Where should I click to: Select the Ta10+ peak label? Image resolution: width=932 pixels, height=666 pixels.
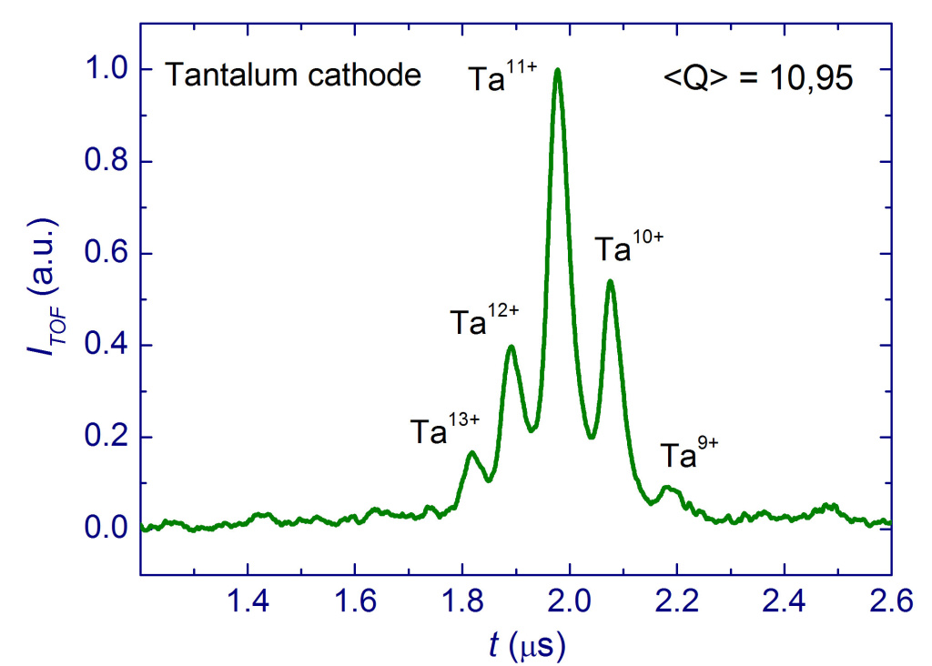point(629,248)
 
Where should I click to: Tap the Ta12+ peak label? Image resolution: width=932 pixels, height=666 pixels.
point(484,321)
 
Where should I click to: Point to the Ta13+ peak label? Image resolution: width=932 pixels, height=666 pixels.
point(444,429)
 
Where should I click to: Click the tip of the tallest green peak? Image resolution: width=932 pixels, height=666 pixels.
point(557,70)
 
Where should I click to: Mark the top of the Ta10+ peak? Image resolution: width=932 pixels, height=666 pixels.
point(610,280)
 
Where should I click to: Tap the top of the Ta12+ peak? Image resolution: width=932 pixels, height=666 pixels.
point(512,346)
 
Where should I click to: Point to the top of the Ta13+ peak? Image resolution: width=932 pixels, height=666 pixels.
point(471,452)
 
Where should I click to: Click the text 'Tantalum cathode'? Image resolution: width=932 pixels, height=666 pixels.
point(292,76)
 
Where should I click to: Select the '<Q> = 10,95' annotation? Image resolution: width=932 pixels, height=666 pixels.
point(757,78)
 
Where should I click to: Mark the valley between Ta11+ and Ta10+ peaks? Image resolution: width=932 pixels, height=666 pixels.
point(592,437)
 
